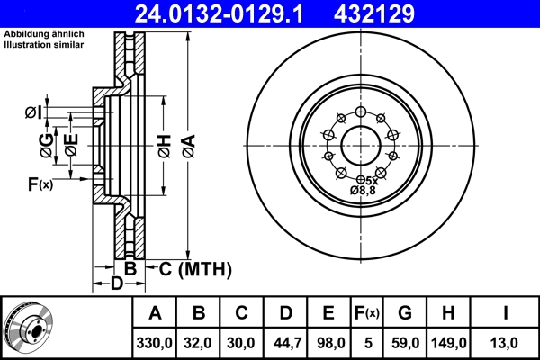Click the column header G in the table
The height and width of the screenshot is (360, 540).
404,313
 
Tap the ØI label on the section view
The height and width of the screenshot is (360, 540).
31,112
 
